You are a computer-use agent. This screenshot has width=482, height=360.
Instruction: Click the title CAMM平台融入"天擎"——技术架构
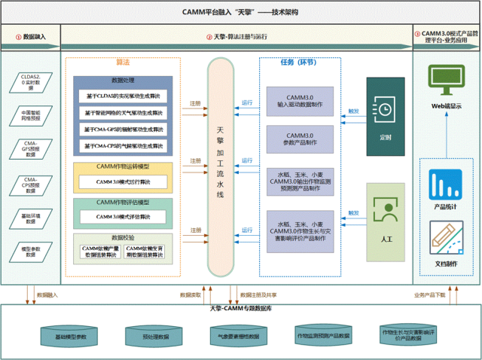click(x=241, y=12)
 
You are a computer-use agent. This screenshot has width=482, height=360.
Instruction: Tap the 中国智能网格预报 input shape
click(x=29, y=114)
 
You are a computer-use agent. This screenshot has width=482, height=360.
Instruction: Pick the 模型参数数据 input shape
click(x=29, y=252)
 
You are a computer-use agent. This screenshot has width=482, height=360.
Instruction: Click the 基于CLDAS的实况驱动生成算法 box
click(x=122, y=96)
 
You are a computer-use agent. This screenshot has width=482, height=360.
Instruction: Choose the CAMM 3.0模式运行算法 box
click(x=122, y=182)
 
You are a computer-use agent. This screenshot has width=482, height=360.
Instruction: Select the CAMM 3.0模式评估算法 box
click(x=122, y=217)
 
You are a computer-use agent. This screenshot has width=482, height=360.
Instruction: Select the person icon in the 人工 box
click(x=385, y=211)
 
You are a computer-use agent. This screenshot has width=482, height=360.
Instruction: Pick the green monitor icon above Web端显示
click(x=446, y=78)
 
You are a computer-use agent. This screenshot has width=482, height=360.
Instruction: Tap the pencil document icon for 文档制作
click(x=445, y=236)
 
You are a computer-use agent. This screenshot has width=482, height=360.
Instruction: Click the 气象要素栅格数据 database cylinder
click(x=238, y=336)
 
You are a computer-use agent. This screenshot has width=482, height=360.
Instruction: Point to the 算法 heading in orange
click(x=123, y=63)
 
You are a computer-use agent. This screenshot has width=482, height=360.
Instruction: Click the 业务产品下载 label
click(x=429, y=294)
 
